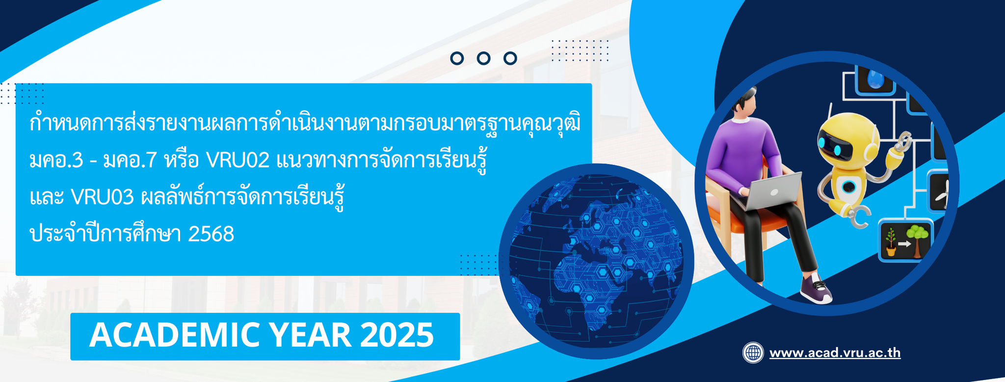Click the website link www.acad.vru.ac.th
pos(835,353)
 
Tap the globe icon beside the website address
pos(753,353)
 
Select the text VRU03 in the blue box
pos(103,197)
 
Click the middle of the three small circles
pos(484,58)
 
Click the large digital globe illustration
pos(596,261)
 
